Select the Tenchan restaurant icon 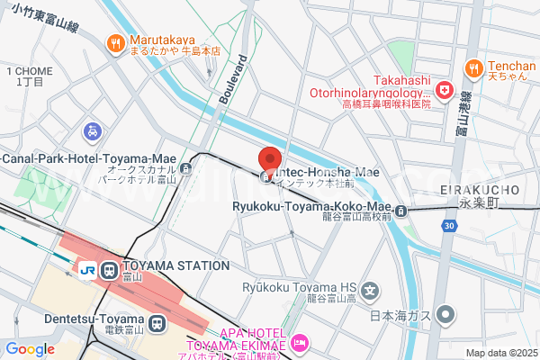coord(474,67)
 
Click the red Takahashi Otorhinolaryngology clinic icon coord(444,91)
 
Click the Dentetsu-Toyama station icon coord(157,322)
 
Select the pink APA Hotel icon coord(301,342)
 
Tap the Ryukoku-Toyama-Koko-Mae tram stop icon coord(401,211)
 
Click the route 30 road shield coord(448,225)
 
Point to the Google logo coord(30,349)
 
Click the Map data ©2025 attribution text coord(499,352)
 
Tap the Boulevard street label coord(232,80)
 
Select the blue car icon coord(93,132)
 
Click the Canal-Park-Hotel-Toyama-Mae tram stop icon coord(185,166)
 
